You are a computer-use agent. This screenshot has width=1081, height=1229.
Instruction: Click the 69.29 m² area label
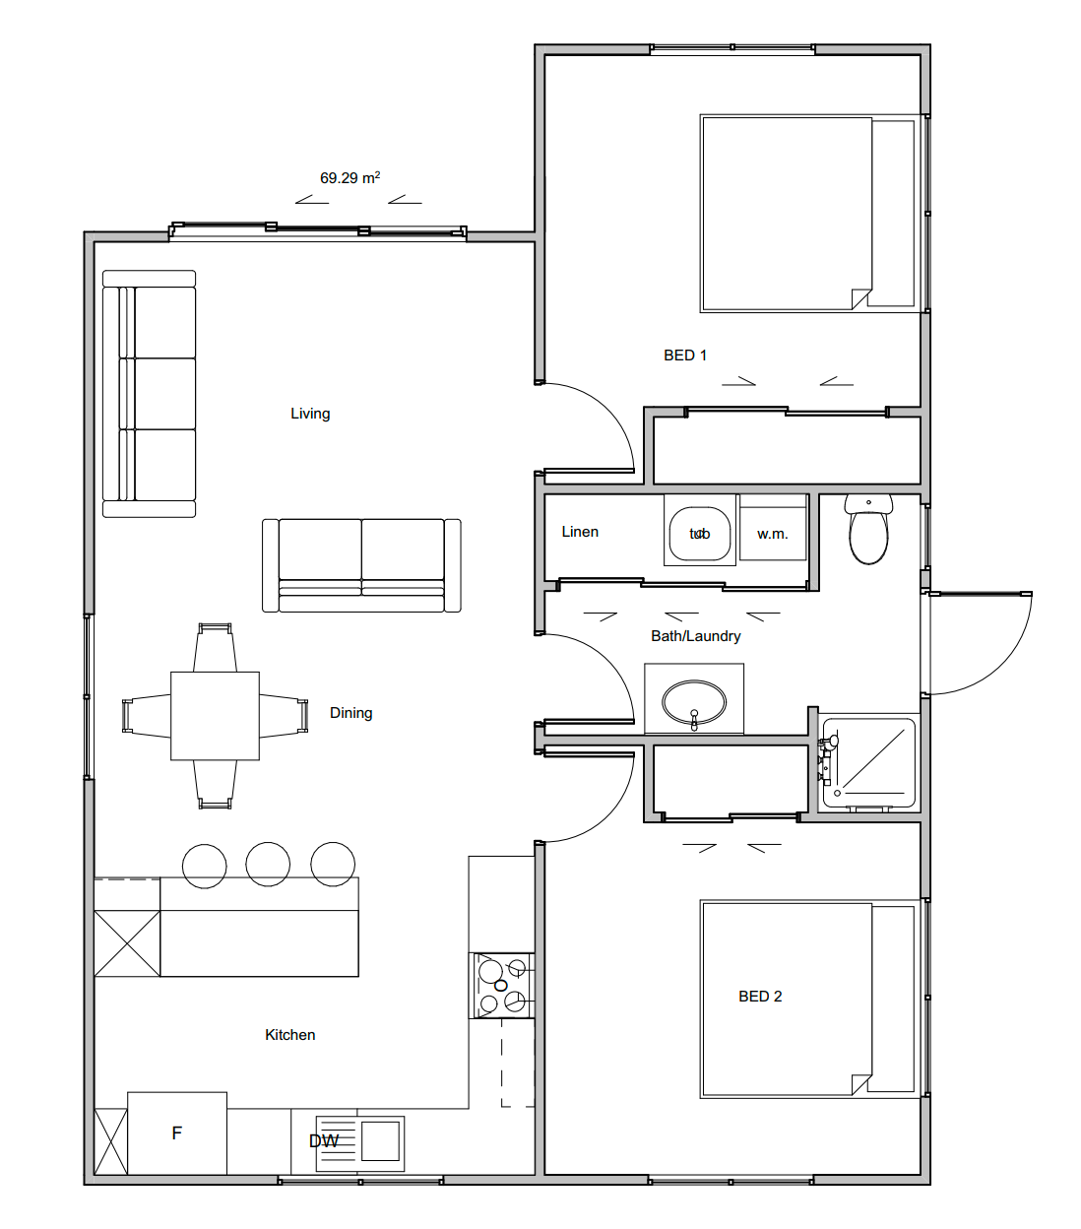pos(350,178)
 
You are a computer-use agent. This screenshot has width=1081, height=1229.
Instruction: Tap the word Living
pos(310,414)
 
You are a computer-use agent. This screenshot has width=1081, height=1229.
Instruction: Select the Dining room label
pos(350,713)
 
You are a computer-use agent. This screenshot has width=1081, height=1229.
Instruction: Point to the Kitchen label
pos(290,1035)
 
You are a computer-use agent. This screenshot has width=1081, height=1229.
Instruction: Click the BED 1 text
pos(685,356)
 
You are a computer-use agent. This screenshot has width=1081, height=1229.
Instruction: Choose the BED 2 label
pos(760,997)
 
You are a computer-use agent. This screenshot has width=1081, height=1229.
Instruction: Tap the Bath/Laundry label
pos(695,636)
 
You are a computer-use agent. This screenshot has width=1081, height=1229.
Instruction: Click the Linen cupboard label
pos(580,532)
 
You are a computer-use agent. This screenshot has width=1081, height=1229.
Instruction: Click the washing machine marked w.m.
pos(773,534)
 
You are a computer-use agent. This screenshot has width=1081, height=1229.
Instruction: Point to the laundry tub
pos(699,534)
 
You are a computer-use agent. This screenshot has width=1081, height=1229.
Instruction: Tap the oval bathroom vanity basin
pos(694,702)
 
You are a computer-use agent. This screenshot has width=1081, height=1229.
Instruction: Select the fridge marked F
pos(177,1132)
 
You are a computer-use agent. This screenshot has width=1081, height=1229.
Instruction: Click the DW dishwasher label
pos(324,1141)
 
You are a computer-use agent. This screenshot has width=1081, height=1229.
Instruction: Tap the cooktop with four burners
pos(502,985)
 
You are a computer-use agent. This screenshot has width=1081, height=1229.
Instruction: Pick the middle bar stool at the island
pos(268,865)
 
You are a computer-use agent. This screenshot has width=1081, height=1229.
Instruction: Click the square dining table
pos(215,716)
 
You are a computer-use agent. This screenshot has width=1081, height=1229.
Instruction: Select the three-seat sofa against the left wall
pos(150,394)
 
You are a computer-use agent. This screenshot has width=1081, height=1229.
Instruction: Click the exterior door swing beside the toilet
pos(980,640)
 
